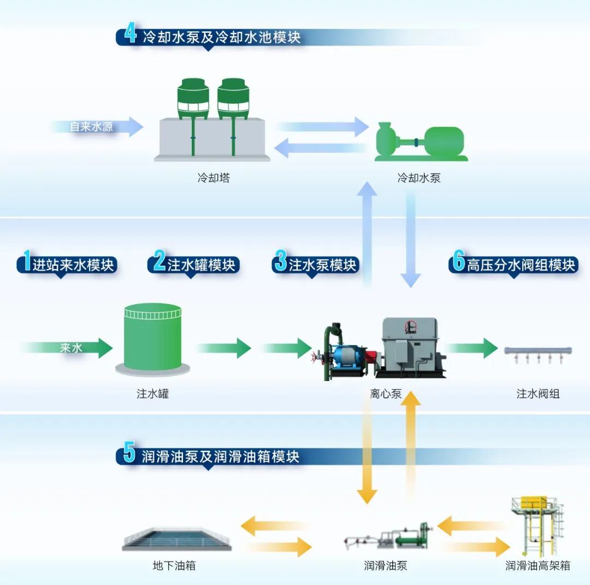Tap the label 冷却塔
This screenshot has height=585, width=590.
click(x=214, y=178)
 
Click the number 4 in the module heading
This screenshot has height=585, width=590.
click(x=130, y=34)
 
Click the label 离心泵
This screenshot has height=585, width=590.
click(x=386, y=393)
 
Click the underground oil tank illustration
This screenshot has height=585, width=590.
click(x=176, y=539)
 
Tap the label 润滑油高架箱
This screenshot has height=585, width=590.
click(x=538, y=565)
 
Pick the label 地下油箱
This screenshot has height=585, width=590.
click(x=174, y=565)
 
